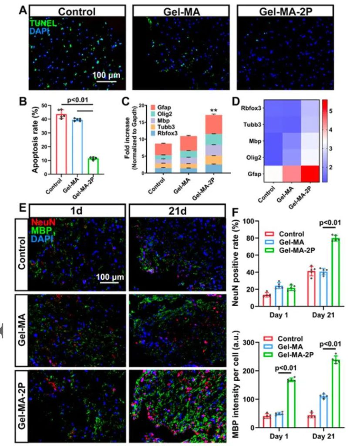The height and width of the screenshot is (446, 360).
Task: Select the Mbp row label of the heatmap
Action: click(x=257, y=142)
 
